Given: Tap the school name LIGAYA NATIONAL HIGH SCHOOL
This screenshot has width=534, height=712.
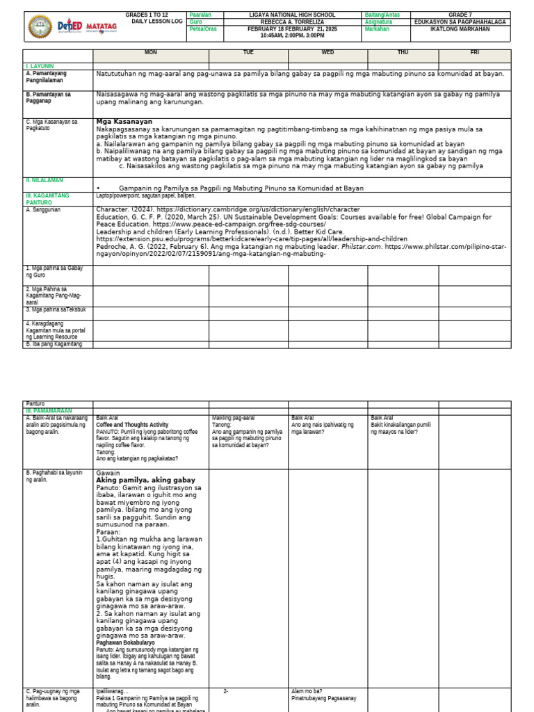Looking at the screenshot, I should point(292,15).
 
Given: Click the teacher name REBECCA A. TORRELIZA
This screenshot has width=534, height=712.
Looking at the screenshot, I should point(292,22).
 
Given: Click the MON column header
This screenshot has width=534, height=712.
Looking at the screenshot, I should point(151,53).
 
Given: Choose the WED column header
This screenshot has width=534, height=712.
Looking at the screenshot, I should point(327,53).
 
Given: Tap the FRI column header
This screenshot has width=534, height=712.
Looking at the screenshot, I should point(474,53).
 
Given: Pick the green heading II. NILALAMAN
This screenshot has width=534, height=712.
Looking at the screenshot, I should point(44,180).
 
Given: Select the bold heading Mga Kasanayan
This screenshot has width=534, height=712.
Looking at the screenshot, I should point(124,121).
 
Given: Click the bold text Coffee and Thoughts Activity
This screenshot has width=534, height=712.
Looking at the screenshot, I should point(132,424).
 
